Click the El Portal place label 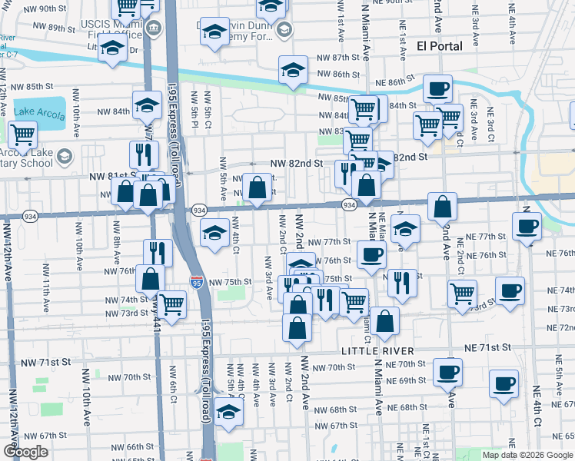click(x=440, y=45)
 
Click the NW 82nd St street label click(x=296, y=164)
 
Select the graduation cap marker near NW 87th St click(x=292, y=70)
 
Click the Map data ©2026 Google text click(x=527, y=454)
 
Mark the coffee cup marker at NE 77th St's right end click(x=527, y=226)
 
